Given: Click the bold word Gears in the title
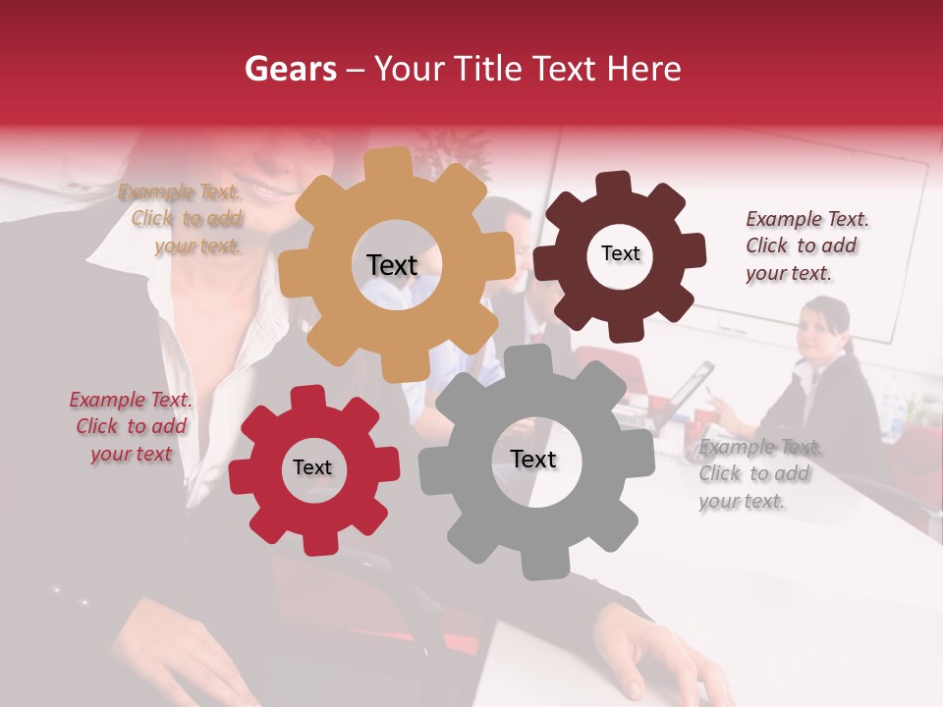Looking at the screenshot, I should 291,69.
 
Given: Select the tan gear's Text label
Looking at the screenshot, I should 392,265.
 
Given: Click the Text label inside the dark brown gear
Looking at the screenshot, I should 620,253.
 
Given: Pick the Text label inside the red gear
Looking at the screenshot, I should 312,467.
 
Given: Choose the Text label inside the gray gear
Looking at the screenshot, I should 533,459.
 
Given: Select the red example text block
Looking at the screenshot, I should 131,427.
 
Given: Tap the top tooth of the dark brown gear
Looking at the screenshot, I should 614,184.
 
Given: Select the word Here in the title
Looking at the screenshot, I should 644,69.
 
